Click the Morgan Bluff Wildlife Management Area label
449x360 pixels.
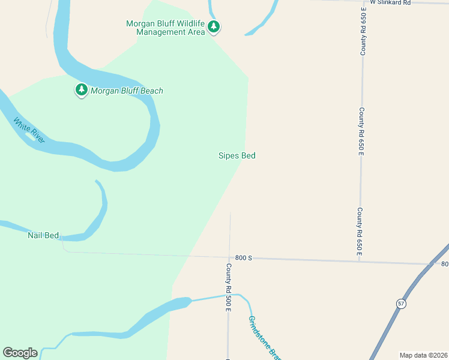[165, 28]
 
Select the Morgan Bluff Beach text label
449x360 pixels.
[127, 91]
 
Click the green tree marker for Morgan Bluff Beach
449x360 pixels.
[81, 90]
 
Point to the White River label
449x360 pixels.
[29, 130]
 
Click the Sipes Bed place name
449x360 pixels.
[237, 155]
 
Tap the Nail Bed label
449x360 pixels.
[43, 235]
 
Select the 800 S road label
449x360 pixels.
[243, 257]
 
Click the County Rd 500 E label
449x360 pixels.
[229, 287]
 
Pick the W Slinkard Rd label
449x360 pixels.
[390, 2]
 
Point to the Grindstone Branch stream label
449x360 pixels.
[264, 338]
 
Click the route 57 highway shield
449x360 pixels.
[400, 304]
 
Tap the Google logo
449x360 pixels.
[20, 352]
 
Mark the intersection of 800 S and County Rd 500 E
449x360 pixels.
[229, 258]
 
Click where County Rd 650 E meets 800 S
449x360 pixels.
[360, 261]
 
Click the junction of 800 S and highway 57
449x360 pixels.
[432, 264]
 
